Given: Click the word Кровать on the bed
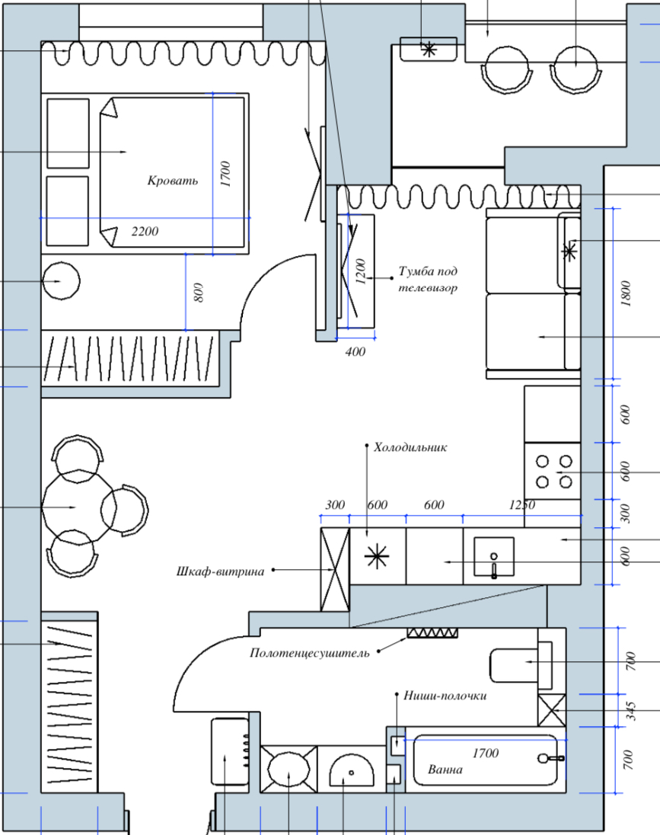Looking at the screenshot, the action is click(173, 181).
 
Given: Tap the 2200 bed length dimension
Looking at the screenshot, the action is click(145, 231).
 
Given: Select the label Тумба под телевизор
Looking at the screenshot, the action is click(428, 279).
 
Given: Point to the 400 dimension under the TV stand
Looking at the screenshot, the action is click(355, 351).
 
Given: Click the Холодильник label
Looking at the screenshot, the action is click(410, 447).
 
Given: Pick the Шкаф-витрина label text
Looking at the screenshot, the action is click(220, 571).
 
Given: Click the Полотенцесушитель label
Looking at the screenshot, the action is click(309, 653).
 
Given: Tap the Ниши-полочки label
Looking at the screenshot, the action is click(445, 696).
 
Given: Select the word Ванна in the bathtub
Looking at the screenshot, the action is click(445, 769).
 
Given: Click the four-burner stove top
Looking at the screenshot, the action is click(553, 472).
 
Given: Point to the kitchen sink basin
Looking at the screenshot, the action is click(494, 557).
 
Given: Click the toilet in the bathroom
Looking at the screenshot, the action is click(521, 662).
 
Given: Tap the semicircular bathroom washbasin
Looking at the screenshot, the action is click(351, 769).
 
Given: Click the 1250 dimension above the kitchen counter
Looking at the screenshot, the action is click(521, 504).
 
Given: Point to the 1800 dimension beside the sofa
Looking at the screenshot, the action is click(626, 293).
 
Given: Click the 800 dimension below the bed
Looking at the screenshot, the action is click(198, 293).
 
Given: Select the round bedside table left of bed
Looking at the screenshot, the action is click(61, 280).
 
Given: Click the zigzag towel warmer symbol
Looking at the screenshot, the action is click(432, 632).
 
